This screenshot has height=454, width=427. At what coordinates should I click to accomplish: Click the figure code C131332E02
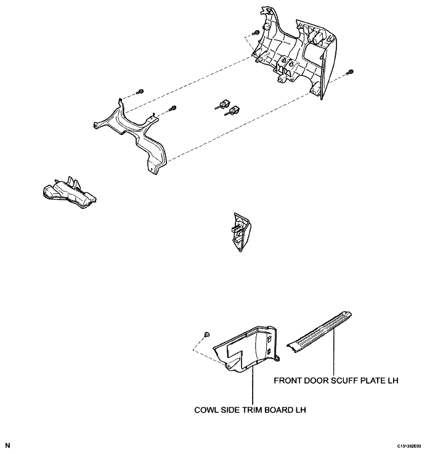tap(409, 446)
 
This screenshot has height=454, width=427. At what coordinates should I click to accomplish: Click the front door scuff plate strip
tap(319, 333)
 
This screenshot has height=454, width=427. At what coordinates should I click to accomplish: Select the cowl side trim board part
tap(246, 349)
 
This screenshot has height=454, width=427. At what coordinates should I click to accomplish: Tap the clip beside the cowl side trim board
tap(207, 334)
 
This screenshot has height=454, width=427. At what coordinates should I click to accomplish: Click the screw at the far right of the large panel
tap(350, 71)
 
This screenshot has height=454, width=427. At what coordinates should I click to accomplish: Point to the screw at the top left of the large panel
tap(256, 32)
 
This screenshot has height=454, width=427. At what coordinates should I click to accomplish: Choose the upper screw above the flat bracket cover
tap(140, 92)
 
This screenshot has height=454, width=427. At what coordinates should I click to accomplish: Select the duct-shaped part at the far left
tap(70, 193)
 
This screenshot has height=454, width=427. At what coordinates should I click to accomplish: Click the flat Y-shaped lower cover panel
tap(131, 137)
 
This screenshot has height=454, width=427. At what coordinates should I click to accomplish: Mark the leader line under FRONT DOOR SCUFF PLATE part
tap(334, 352)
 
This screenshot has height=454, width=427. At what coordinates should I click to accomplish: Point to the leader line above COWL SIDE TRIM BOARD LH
tap(253, 386)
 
